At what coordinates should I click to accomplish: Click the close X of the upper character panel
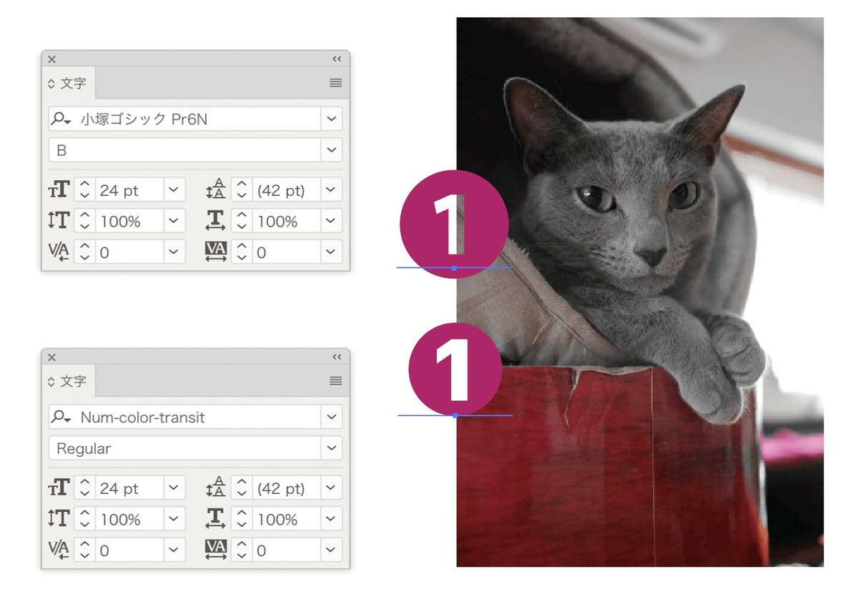point(51,59)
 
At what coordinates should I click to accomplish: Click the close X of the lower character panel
point(51,357)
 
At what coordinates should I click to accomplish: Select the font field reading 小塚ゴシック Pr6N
point(184,119)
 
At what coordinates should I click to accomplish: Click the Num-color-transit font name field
point(184,417)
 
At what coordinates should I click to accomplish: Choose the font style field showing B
point(184,150)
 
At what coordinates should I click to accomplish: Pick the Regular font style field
point(184,448)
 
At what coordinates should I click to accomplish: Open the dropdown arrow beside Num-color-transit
point(331,417)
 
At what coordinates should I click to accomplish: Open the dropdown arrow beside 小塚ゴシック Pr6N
point(331,119)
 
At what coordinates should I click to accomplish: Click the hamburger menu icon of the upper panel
point(335,83)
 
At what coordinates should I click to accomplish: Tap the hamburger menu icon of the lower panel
point(335,381)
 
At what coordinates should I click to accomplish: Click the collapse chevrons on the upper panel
point(337,59)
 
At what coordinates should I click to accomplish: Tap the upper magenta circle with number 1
point(454,224)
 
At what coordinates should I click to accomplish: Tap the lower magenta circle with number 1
point(455,370)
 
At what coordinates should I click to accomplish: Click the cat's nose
point(651,256)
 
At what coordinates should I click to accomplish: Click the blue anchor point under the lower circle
point(455,415)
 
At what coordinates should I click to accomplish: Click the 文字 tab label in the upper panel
point(73,83)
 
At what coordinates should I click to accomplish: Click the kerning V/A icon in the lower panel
point(59,549)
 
